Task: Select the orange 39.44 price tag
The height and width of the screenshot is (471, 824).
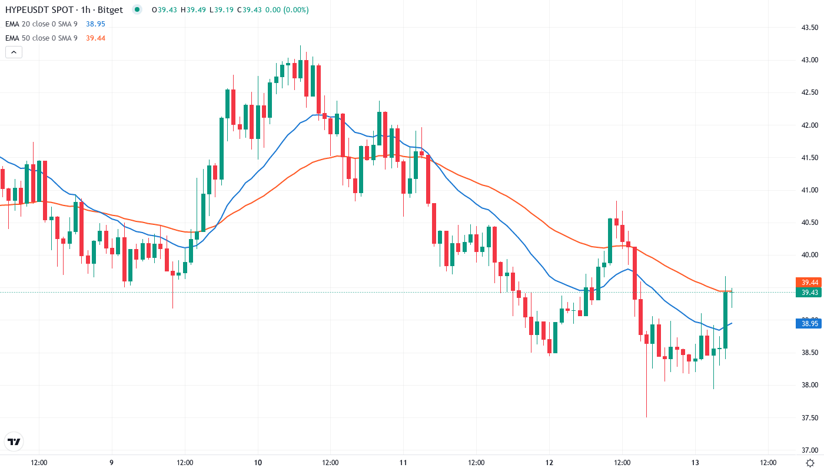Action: pos(808,283)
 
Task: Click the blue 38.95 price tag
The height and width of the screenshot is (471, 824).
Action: pos(808,323)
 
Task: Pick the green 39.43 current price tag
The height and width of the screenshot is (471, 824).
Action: pos(808,293)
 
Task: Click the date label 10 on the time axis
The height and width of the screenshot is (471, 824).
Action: pos(258,462)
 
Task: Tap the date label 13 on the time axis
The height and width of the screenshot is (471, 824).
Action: pos(695,462)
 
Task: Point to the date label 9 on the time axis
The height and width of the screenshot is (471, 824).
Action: pos(111,462)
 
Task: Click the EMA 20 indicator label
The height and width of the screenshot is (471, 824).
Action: pos(41,24)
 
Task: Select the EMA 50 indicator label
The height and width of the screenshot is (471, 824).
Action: pos(41,38)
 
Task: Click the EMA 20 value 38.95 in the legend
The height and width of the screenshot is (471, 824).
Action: pos(95,24)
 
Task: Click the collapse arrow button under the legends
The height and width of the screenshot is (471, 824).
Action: pos(14,52)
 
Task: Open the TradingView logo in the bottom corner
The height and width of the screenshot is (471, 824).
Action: pos(14,442)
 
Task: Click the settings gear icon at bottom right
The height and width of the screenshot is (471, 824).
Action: pos(810,462)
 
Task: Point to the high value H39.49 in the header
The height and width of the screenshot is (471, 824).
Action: pos(191,9)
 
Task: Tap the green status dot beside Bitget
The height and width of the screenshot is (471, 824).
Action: pos(137,9)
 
